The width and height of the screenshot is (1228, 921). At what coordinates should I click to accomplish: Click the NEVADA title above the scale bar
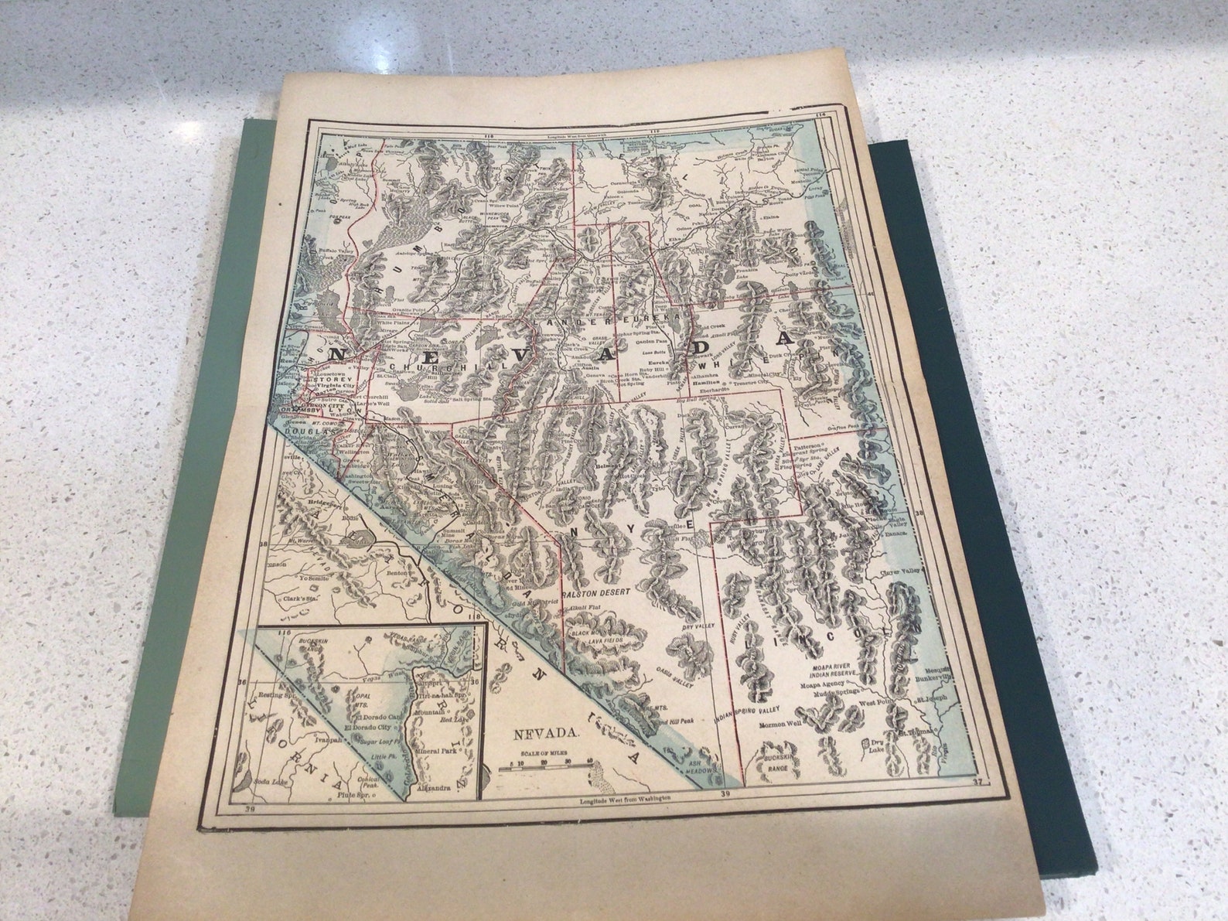[546, 733]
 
